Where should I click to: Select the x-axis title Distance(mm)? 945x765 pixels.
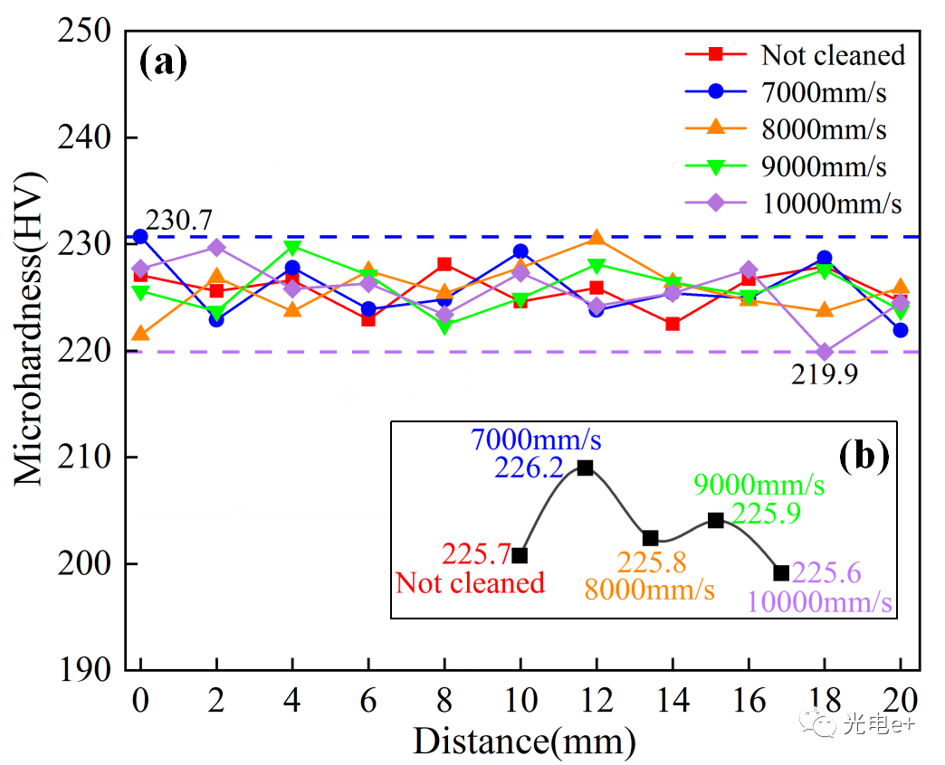(x=524, y=741)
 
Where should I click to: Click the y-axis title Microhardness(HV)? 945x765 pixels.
(x=30, y=351)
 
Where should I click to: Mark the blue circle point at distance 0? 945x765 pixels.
(x=140, y=237)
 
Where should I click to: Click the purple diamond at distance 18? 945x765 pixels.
(x=824, y=352)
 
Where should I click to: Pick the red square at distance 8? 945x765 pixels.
(x=444, y=264)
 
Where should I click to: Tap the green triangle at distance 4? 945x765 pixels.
(x=292, y=247)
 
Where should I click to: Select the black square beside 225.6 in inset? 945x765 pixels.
(x=781, y=572)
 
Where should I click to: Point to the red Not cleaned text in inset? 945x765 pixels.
(x=471, y=583)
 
